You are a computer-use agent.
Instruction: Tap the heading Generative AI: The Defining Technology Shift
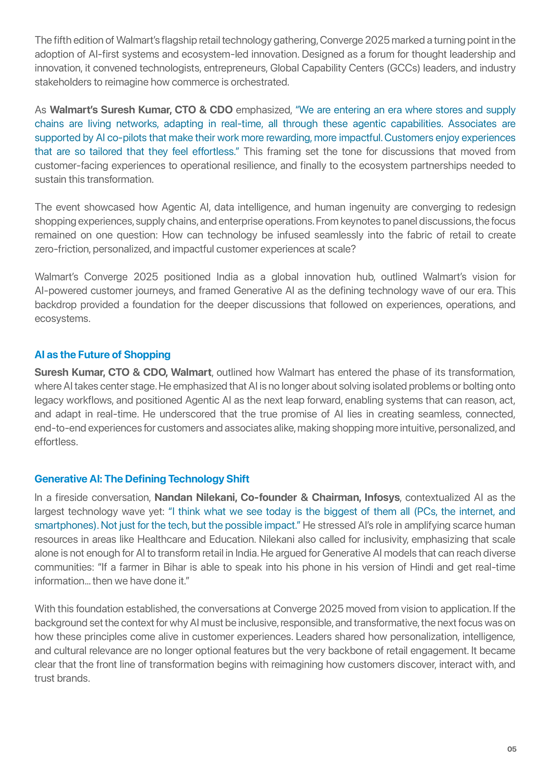(x=142, y=479)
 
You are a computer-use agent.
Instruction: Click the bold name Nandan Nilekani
(x=196, y=497)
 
